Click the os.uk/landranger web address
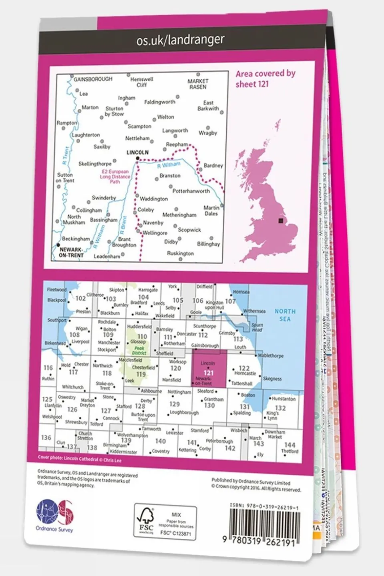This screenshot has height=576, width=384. pyautogui.click(x=180, y=40)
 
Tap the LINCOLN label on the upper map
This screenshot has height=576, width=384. pyautogui.click(x=137, y=153)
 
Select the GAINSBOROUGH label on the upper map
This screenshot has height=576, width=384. pyautogui.click(x=93, y=79)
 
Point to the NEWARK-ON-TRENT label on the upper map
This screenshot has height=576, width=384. pyautogui.click(x=71, y=253)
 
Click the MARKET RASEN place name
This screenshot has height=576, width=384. pyautogui.click(x=197, y=84)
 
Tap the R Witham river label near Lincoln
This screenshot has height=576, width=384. pyautogui.click(x=169, y=165)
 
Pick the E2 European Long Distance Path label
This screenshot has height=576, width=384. pyautogui.click(x=115, y=177)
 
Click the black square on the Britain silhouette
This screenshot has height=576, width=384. pyautogui.click(x=280, y=221)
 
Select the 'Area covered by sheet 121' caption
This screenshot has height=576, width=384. pyautogui.click(x=265, y=79)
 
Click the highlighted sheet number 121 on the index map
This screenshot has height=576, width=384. pyautogui.click(x=208, y=373)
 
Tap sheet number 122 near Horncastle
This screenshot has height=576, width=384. pyautogui.click(x=244, y=368)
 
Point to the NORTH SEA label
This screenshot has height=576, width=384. pyautogui.click(x=285, y=315)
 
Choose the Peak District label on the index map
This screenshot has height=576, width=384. pyautogui.click(x=139, y=351)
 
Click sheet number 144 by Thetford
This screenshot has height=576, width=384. pyautogui.click(x=290, y=445)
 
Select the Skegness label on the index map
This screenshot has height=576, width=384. pyautogui.click(x=272, y=379)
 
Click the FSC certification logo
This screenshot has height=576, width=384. pyautogui.click(x=146, y=521)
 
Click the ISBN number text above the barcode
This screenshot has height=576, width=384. pyautogui.click(x=264, y=507)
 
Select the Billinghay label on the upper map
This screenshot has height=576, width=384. pyautogui.click(x=208, y=244)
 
